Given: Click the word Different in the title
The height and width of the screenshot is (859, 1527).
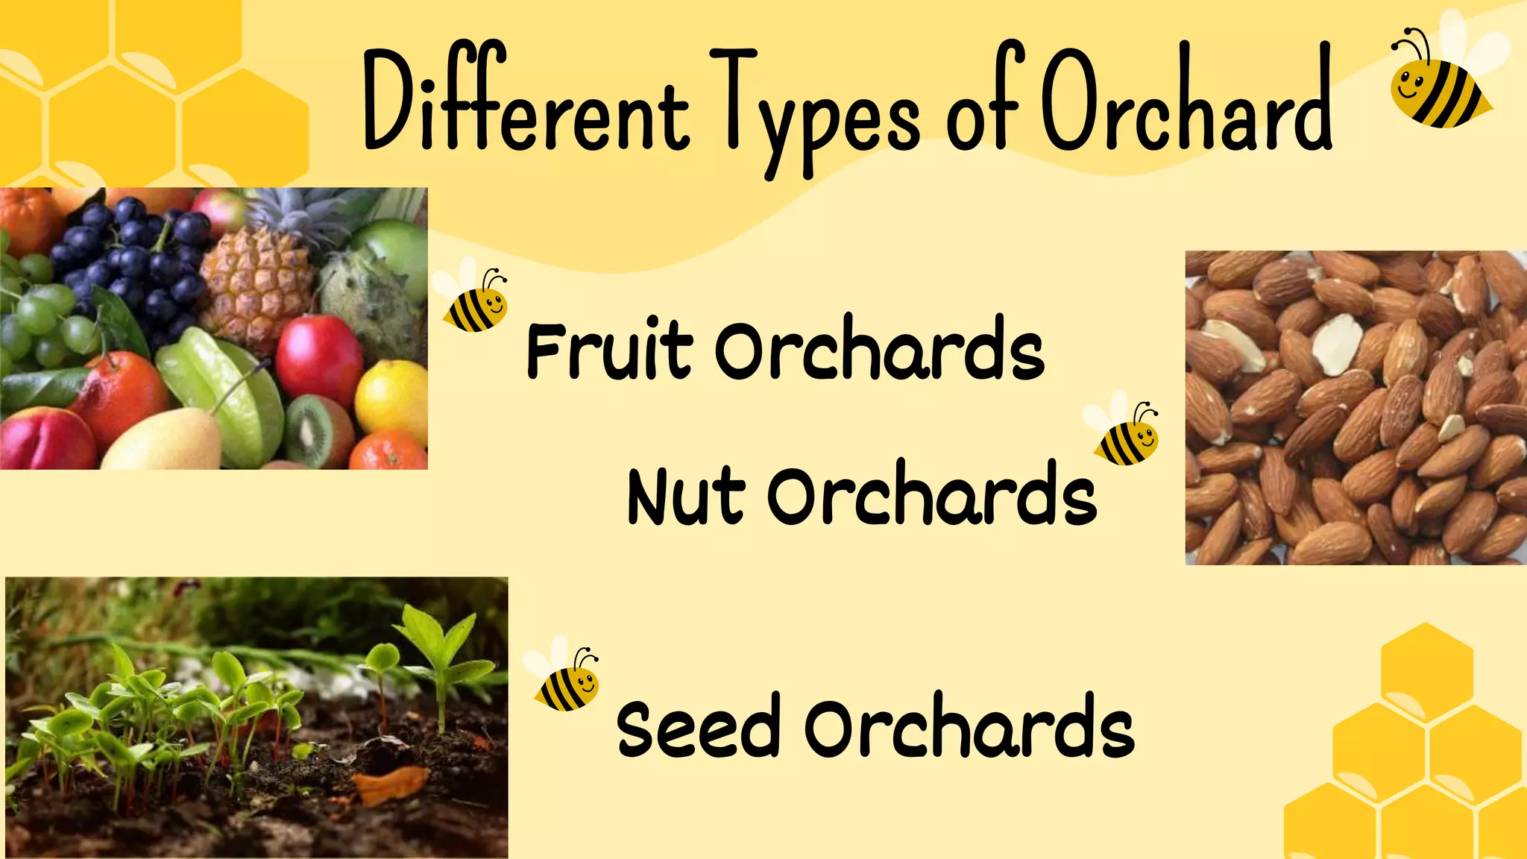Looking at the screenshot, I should point(526,104).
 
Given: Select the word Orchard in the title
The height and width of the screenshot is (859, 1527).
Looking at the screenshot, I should point(1186,101).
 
